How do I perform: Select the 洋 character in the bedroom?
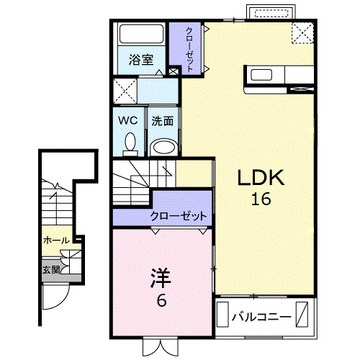click(x=161, y=279)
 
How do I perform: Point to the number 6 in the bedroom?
click(x=161, y=300)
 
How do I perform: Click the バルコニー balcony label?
click(x=261, y=317)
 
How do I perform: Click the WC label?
click(x=128, y=120)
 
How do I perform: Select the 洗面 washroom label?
click(x=163, y=120)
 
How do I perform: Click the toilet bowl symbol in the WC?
click(x=130, y=143)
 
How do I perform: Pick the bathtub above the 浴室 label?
click(x=140, y=36)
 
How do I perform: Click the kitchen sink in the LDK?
click(x=260, y=74)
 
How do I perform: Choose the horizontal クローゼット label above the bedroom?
click(x=179, y=215)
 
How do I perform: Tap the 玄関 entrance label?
click(x=50, y=269)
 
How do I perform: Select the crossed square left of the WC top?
click(x=127, y=92)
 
